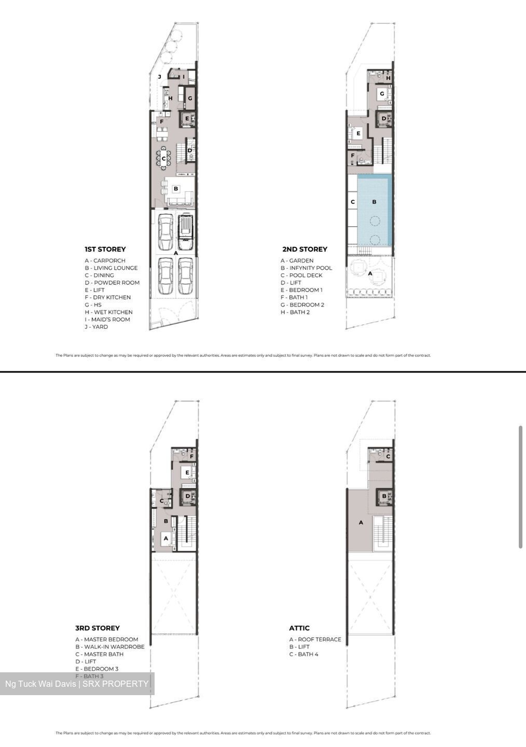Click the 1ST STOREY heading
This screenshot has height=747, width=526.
point(105,249)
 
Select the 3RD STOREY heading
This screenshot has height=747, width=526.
point(98,628)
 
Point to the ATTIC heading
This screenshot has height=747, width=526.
point(299,628)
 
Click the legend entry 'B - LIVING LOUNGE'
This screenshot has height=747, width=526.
point(112,268)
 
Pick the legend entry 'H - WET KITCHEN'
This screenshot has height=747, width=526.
point(109,312)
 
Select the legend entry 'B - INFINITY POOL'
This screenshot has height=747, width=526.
point(306,268)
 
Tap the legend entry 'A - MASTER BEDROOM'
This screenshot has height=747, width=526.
point(107,640)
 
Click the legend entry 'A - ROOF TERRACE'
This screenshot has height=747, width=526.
point(315,640)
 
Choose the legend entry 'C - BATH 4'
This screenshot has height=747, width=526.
point(304,654)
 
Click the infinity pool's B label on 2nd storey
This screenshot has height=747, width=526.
point(374,202)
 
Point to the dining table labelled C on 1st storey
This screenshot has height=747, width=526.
point(164,158)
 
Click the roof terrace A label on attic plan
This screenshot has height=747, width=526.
point(361,522)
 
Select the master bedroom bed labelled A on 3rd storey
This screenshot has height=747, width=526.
point(166,539)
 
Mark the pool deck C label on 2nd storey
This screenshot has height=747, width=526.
point(353,202)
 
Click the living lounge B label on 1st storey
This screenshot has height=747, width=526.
point(176,189)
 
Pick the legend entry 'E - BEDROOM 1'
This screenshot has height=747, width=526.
point(302,290)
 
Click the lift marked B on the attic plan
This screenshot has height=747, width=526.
point(384,496)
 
